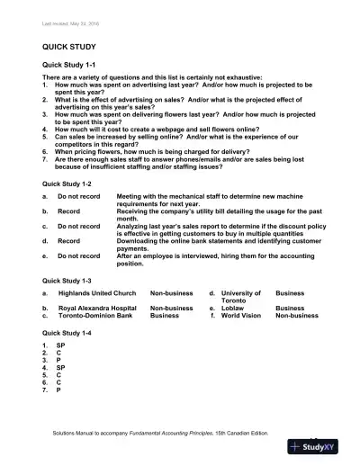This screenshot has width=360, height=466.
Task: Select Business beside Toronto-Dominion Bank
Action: [164, 316]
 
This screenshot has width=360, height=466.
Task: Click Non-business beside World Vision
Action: [296, 316]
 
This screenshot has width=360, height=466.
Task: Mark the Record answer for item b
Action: [69, 211]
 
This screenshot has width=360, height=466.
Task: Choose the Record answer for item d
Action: [69, 240]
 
